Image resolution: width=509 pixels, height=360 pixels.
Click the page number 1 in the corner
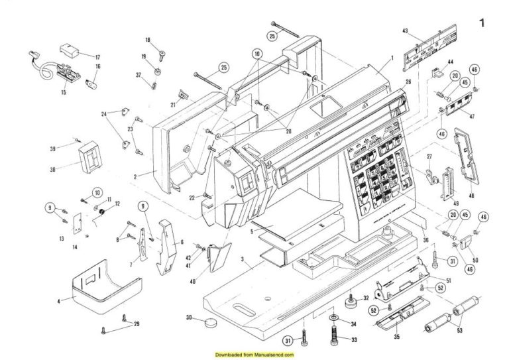point(482,23)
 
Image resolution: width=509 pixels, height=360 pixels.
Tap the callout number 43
point(406,31)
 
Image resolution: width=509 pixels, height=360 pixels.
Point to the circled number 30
point(190,318)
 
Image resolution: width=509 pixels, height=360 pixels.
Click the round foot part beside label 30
point(211,323)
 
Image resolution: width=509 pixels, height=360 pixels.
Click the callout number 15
point(64,91)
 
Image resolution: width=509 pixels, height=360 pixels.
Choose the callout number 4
point(58,302)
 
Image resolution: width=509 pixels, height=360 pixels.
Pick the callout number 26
point(408,82)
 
